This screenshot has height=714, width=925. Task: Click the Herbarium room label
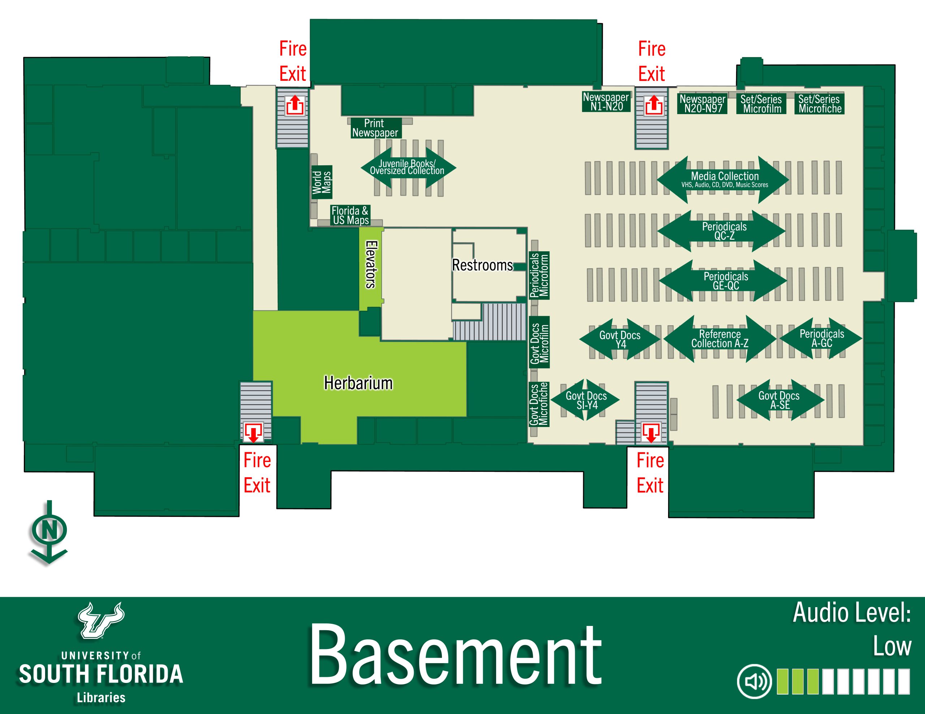[x=358, y=383]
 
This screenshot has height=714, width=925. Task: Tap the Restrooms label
[x=482, y=265]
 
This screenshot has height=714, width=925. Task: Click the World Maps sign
[x=322, y=182]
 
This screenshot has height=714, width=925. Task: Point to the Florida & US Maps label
[x=350, y=215]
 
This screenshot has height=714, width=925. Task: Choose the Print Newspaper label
[x=375, y=128]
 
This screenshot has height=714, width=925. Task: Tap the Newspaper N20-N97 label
[x=703, y=104]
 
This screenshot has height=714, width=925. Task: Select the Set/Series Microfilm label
[x=762, y=104]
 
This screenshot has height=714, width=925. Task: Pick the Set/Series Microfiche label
[x=819, y=104]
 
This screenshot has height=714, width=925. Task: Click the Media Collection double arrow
[x=723, y=179]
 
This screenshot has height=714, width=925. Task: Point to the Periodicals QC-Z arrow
[x=722, y=231]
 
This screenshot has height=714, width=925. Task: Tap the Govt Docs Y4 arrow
[x=620, y=339]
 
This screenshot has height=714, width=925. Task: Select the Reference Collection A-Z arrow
[x=720, y=339]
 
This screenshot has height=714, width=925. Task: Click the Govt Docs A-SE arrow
[x=780, y=400]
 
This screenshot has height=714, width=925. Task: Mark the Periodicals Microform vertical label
[x=539, y=275]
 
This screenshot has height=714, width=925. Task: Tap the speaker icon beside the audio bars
[x=754, y=682]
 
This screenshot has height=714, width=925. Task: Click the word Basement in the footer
[x=455, y=655]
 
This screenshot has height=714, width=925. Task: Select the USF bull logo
[x=101, y=621]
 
